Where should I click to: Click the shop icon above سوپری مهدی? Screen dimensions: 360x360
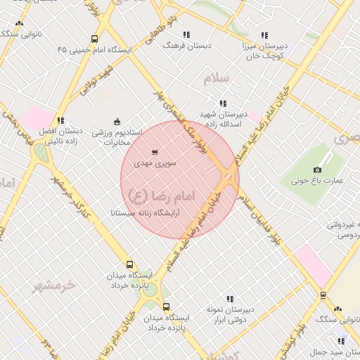click(x=155, y=151)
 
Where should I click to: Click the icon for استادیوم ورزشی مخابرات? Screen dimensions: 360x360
click(x=117, y=121)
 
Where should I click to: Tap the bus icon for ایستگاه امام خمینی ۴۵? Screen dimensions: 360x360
click(x=94, y=41)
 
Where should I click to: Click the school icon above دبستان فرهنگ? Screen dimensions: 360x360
click(x=186, y=34)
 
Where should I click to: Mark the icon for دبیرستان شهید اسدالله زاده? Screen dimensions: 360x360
click(x=223, y=103)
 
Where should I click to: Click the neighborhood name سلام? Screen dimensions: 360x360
click(x=217, y=79)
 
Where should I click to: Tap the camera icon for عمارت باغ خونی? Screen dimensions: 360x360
click(x=317, y=169)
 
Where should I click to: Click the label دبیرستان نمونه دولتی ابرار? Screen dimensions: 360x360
click(x=230, y=314)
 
